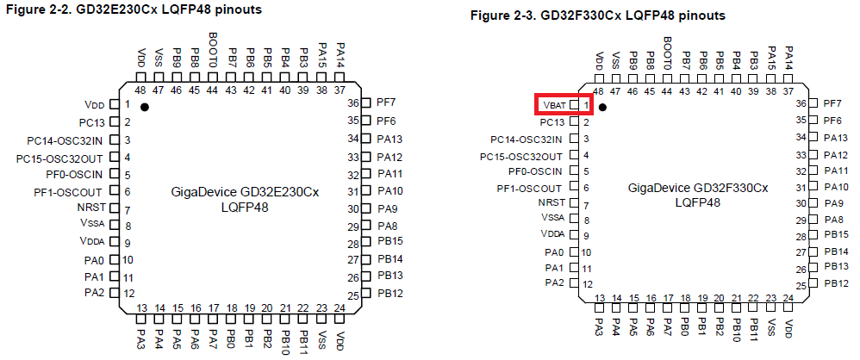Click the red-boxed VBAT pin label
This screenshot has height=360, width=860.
tap(554, 104)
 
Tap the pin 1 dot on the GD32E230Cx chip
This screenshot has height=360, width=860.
tap(144, 107)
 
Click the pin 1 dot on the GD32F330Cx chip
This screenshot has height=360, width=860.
tap(602, 107)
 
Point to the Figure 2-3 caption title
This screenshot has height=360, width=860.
tap(598, 16)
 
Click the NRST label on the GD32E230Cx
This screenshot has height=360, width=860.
tap(91, 208)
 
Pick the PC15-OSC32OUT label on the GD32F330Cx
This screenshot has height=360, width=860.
tap(521, 157)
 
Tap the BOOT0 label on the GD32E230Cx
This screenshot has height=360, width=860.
tap(214, 50)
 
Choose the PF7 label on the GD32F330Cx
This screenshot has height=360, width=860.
tap(833, 103)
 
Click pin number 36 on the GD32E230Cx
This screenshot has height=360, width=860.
tap(352, 102)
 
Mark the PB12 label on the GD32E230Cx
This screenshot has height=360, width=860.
tap(390, 294)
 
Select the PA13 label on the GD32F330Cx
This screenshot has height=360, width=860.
tap(836, 138)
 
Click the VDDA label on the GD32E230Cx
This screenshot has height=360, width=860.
tap(91, 240)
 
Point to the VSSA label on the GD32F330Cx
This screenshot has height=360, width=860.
tap(552, 218)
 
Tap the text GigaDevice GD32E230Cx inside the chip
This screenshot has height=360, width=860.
tap(246, 192)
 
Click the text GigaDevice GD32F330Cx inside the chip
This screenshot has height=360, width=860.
tap(698, 188)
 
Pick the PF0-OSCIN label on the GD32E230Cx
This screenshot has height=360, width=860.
tap(75, 175)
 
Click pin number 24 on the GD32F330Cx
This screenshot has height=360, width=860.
tap(788, 299)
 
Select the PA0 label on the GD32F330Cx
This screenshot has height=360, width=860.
tap(554, 252)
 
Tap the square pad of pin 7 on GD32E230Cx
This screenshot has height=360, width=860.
tap(115, 208)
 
